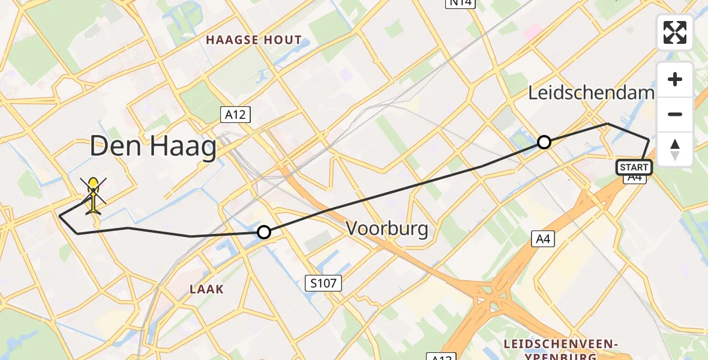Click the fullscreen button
[675, 32]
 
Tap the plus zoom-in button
[675, 79]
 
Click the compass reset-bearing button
[675, 149]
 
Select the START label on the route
[634, 167]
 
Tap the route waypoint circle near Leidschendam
[544, 142]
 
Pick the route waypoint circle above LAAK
[263, 232]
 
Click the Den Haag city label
[153, 147]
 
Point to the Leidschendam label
[591, 93]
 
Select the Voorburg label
[387, 229]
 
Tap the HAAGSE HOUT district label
[254, 40]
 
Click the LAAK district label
[208, 289]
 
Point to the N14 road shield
[459, 4]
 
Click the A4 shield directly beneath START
[634, 178]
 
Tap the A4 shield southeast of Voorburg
[542, 239]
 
